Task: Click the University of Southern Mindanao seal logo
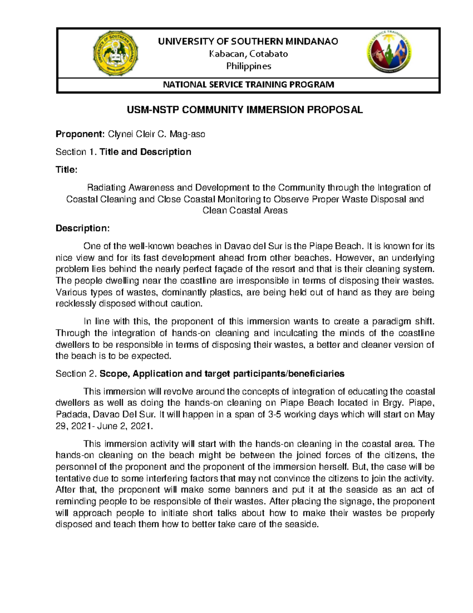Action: coord(115,54)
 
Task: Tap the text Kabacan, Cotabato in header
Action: coord(248,54)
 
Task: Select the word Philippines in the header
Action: coord(248,66)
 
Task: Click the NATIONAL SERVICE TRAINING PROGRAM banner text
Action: coord(248,84)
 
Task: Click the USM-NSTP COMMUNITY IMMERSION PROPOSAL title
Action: coord(244,110)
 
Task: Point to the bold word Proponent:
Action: coord(79,134)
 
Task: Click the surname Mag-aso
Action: coord(187,134)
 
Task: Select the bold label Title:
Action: coord(66,170)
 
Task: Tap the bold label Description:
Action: coord(82,228)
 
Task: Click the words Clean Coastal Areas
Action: coord(245,210)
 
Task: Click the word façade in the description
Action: coord(253,269)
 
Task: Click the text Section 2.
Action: coord(76,374)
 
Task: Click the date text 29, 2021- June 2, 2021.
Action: coord(104,426)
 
